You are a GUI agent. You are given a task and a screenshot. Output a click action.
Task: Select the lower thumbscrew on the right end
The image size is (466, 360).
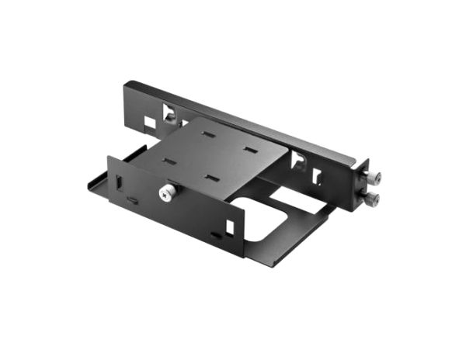click(374, 201)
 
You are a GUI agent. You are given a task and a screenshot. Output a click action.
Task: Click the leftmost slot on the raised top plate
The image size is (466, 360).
click(166, 162)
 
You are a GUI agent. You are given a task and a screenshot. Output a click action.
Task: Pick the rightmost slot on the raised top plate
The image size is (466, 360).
click(249, 149)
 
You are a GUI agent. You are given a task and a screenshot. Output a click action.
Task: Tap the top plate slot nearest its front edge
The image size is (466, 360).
click(212, 178)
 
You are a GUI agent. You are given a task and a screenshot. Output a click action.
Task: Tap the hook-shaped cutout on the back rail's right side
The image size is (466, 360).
click(297, 161)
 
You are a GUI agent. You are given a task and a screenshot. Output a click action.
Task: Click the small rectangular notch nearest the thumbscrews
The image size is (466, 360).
click(316, 176)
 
